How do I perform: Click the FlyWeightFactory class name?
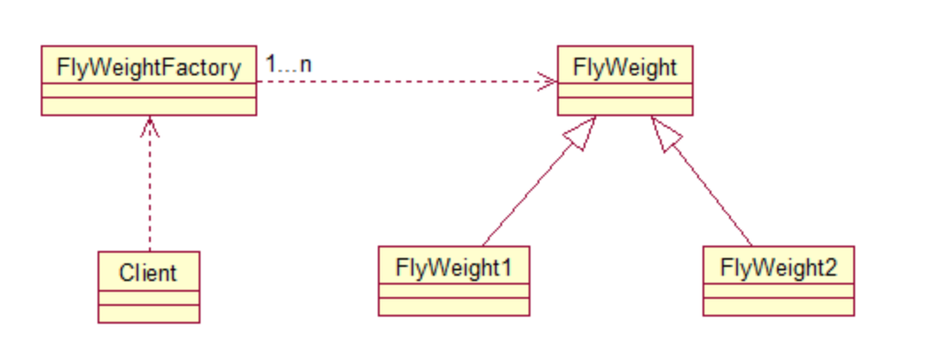point(148,67)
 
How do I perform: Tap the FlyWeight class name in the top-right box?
point(624,67)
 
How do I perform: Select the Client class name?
point(148,273)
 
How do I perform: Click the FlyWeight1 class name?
point(453,268)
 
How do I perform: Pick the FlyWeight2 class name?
point(778,268)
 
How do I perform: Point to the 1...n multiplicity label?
point(288,64)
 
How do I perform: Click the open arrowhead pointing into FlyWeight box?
point(547,82)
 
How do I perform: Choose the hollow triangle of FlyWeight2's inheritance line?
point(664,133)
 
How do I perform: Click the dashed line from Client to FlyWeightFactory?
point(150,184)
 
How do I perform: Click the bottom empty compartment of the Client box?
point(148,314)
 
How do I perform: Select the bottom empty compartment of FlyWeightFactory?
point(148,106)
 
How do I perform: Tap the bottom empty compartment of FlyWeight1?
point(453,307)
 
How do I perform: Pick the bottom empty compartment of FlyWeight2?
point(778,307)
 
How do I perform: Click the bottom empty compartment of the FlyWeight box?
point(624,106)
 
